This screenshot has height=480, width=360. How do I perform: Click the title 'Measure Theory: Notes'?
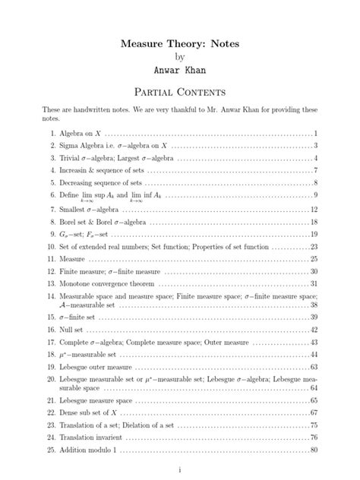pos(180,44)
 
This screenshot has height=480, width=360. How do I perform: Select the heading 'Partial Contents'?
pos(180,93)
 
